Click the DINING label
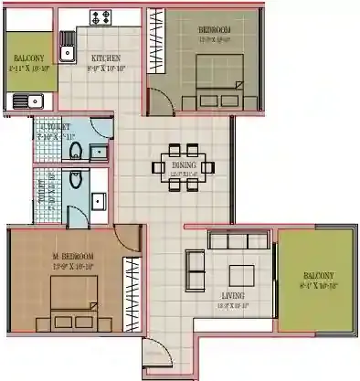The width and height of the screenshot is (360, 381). coord(184,165)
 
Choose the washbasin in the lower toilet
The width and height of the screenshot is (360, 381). coord(101,198)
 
